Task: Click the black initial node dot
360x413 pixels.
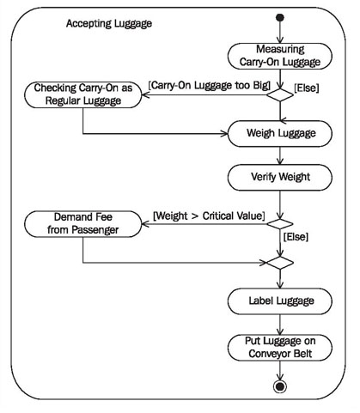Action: point(280,18)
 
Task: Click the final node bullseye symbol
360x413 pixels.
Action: point(280,386)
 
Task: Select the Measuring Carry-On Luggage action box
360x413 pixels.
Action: point(280,56)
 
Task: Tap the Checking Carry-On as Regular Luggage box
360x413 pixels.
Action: point(83,94)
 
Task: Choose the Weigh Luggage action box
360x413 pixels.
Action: point(280,133)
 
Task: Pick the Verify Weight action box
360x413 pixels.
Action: point(280,177)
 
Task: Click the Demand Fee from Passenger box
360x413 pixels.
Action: point(83,224)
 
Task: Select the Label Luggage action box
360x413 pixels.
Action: point(280,301)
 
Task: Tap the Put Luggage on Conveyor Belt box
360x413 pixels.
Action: point(280,348)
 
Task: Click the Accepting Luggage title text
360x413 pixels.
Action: point(109,23)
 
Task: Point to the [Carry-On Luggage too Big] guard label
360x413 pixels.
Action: point(210,85)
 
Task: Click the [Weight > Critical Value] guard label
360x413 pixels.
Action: point(209,216)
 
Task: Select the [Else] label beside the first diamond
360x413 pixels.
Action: point(307,88)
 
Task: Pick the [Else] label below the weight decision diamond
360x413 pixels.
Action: point(296,237)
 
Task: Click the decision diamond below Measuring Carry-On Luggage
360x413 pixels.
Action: point(280,94)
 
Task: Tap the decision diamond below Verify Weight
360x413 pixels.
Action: point(280,224)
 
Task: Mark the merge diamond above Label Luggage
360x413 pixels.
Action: point(280,263)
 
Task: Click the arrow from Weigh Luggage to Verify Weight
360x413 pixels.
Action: point(280,155)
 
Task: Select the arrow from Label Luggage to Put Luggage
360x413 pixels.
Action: point(280,325)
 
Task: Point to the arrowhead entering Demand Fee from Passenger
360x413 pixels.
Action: point(145,224)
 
